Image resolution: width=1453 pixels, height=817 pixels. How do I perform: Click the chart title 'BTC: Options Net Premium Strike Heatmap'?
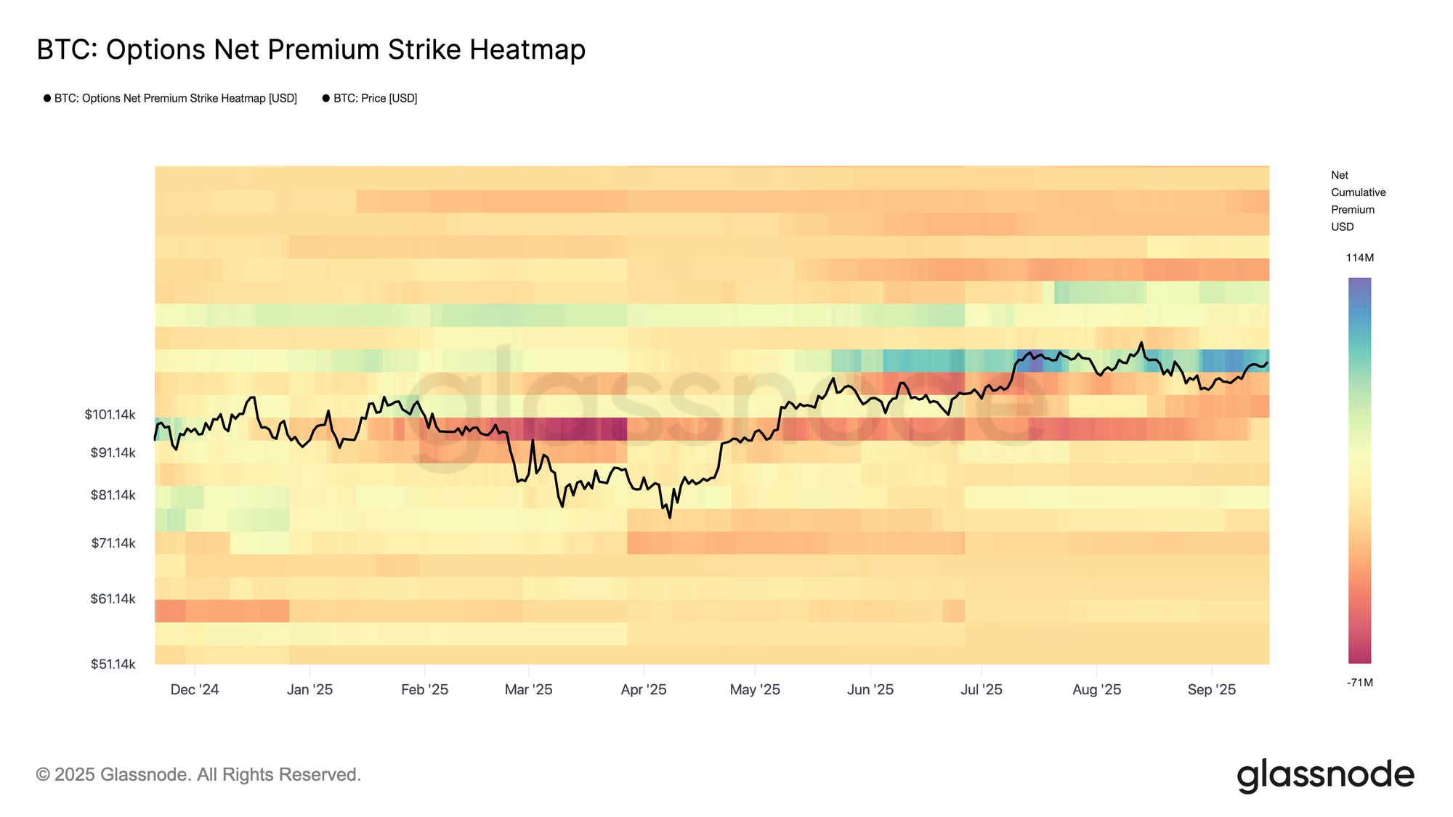(x=311, y=49)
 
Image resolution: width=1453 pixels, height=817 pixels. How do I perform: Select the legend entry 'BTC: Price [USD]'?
(x=375, y=98)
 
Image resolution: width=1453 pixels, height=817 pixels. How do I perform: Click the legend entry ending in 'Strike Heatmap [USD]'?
(x=175, y=98)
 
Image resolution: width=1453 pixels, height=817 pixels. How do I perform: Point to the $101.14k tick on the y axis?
(x=110, y=415)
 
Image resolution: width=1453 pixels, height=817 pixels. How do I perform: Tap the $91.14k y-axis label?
(x=113, y=452)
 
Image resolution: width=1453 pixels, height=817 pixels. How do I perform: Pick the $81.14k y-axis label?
(x=113, y=495)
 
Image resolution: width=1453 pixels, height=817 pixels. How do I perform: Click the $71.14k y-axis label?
(x=113, y=543)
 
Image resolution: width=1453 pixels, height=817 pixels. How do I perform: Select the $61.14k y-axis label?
(x=113, y=599)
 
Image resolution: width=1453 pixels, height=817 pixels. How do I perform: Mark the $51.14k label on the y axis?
(x=113, y=664)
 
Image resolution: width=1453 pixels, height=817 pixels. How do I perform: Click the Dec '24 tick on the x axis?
(x=194, y=690)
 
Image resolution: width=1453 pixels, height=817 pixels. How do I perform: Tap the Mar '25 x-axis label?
(x=528, y=690)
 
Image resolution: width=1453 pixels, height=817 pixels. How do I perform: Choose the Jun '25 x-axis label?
(x=870, y=690)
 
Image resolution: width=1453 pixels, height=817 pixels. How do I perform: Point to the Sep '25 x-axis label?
(x=1211, y=690)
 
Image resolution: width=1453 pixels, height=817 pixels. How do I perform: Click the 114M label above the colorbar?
(x=1359, y=258)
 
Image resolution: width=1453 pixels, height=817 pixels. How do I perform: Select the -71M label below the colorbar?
(x=1359, y=683)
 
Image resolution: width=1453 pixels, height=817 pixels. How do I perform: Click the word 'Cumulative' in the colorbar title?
(x=1358, y=192)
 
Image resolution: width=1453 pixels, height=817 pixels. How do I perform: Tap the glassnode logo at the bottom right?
(x=1325, y=775)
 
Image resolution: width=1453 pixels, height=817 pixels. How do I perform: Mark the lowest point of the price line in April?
(x=669, y=517)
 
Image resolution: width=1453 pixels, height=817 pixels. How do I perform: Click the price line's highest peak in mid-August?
(x=1141, y=343)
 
